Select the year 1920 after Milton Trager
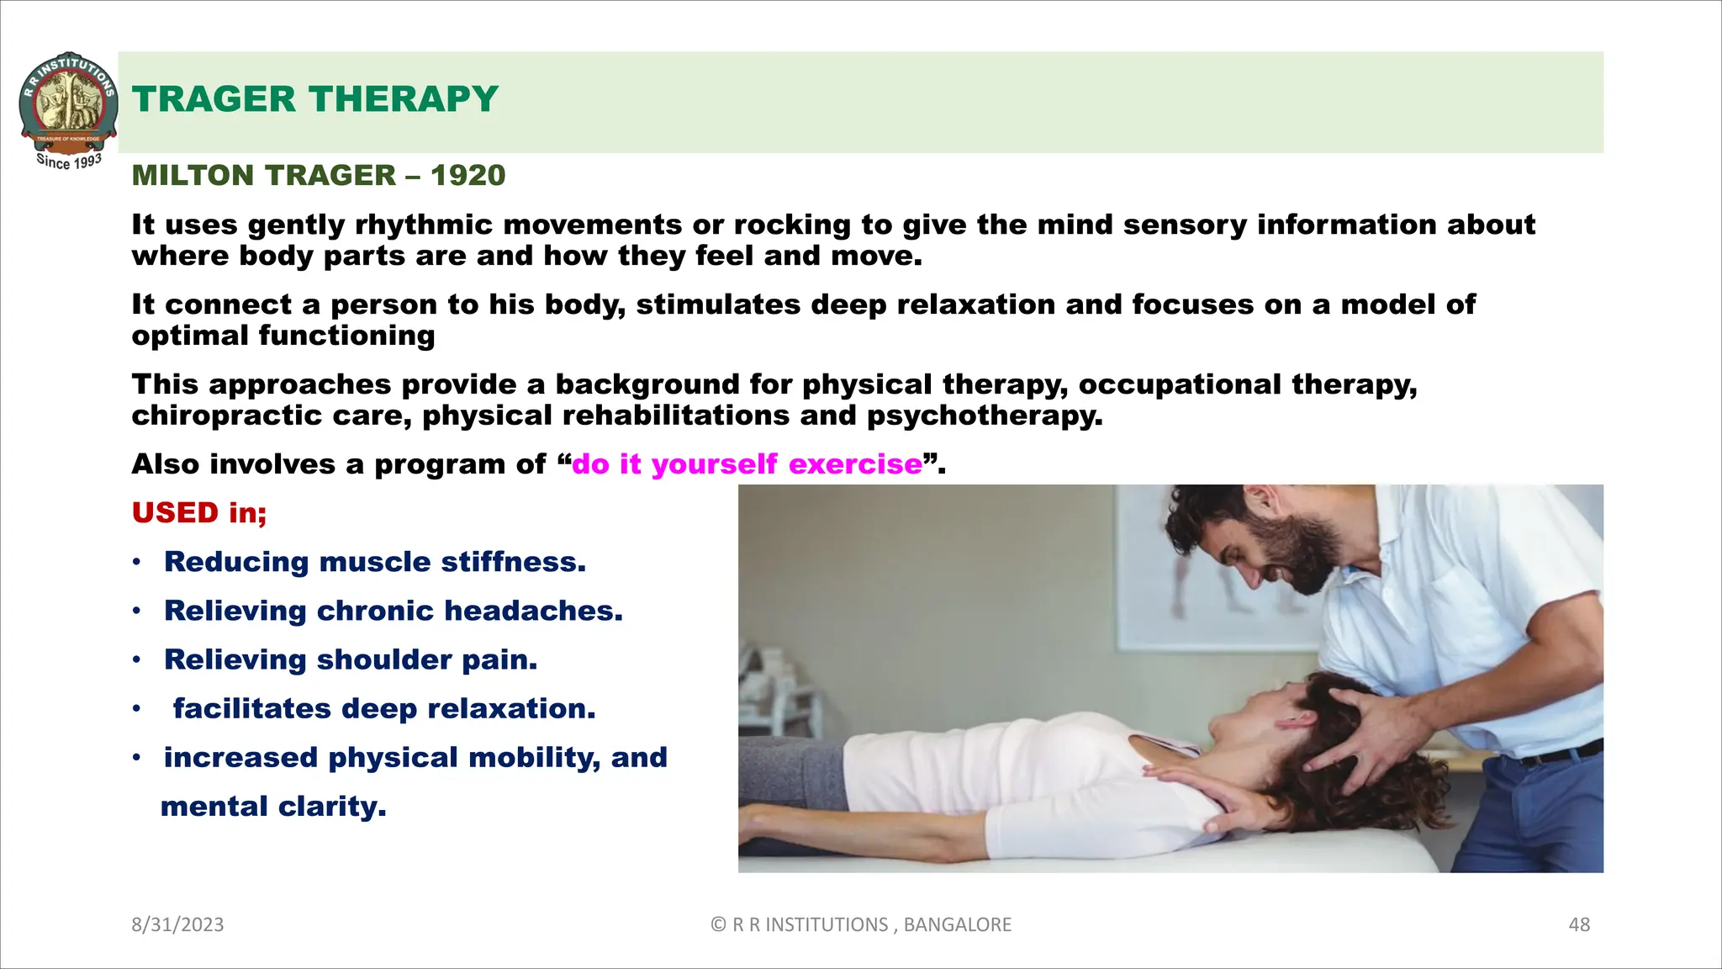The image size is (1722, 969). point(467,175)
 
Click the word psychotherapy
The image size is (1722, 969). point(984,416)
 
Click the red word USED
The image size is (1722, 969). point(175,512)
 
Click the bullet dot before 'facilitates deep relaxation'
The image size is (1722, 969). point(136,709)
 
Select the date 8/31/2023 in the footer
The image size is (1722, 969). point(177,924)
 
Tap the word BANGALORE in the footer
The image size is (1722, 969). point(957,924)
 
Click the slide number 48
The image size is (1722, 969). point(1579,924)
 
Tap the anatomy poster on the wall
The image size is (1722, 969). point(1211,572)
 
